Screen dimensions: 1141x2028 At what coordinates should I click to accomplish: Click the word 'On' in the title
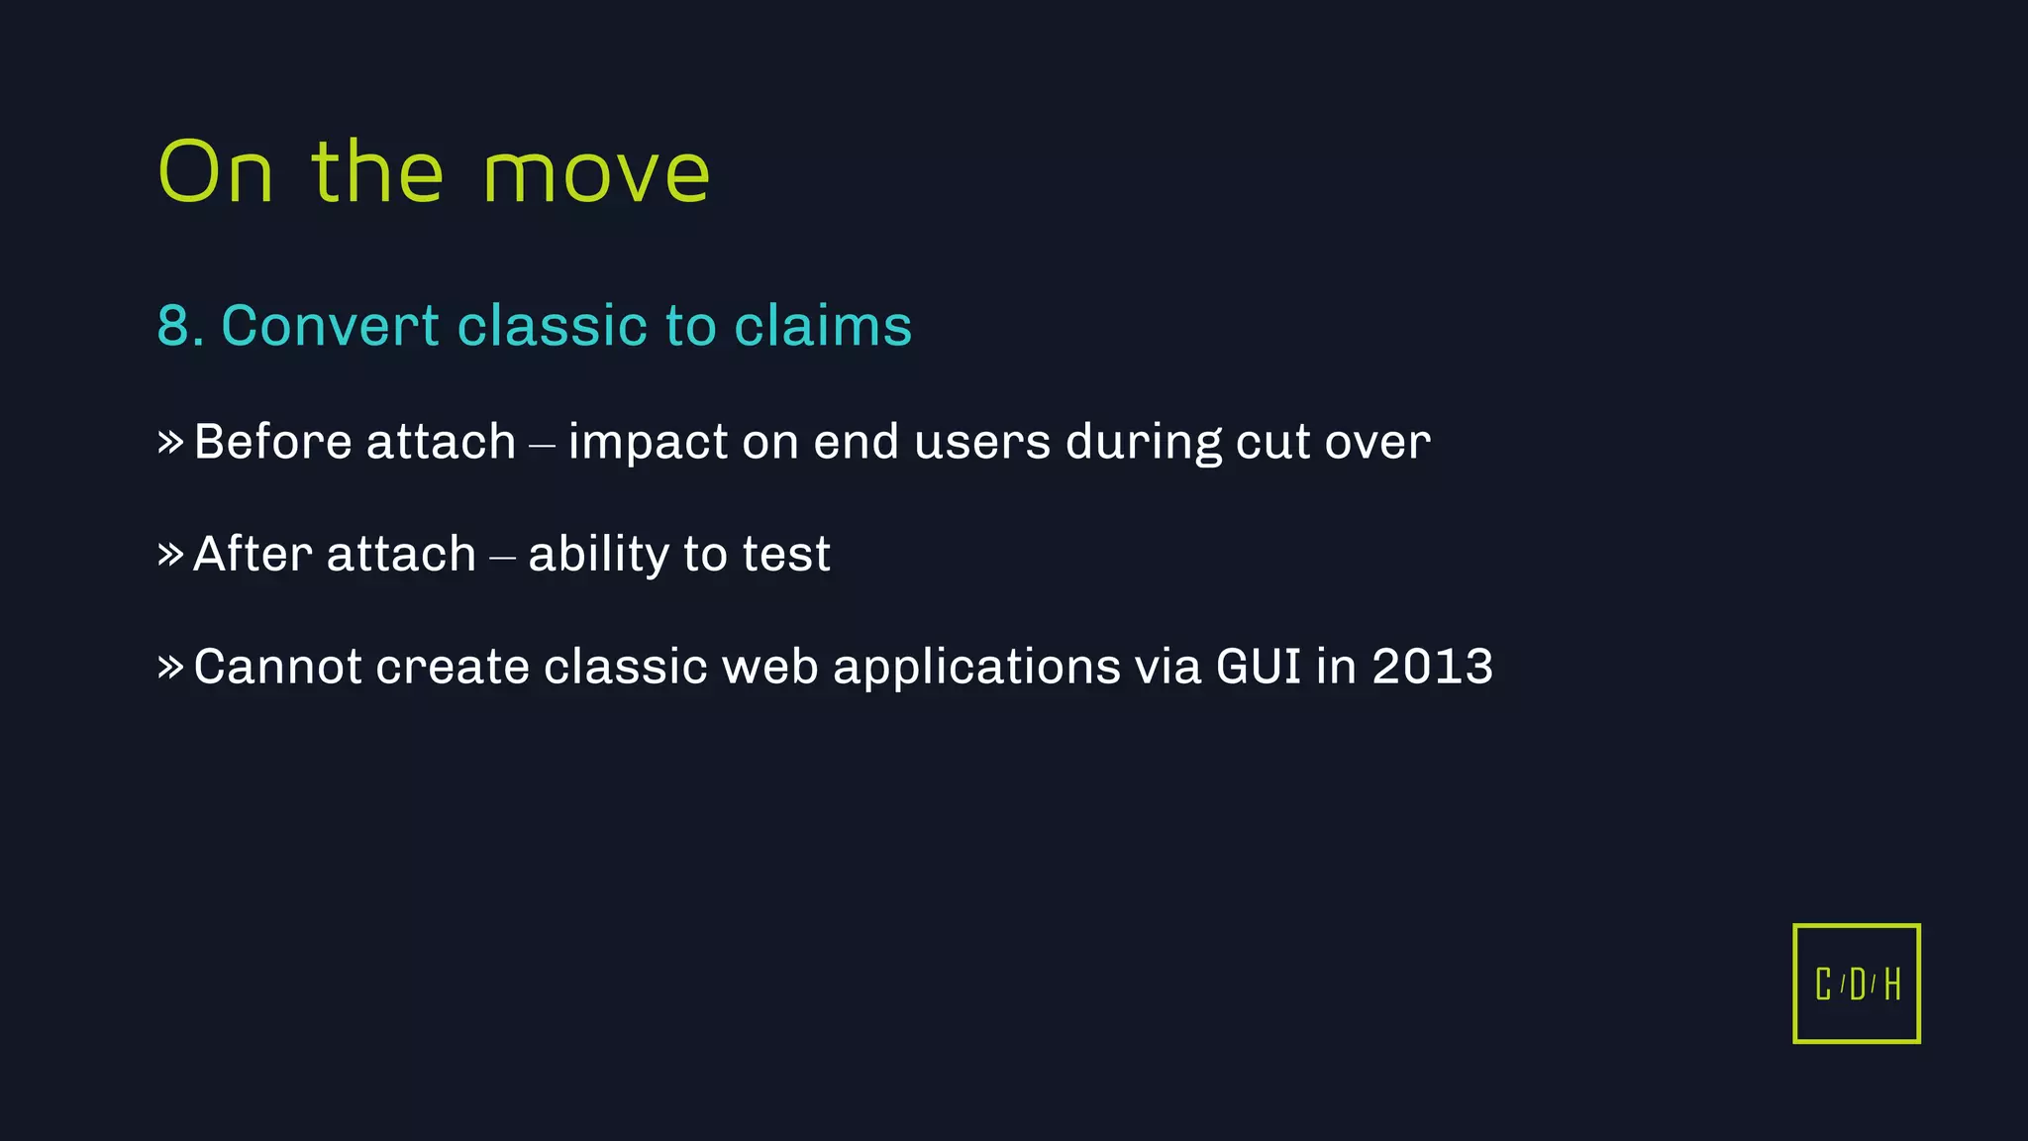click(215, 172)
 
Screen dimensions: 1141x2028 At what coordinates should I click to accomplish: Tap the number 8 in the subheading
click(173, 326)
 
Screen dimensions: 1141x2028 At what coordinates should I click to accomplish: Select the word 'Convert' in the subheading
click(330, 326)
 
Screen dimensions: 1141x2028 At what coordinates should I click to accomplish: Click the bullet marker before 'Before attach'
click(170, 442)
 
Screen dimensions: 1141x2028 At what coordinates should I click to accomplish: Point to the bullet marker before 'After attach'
click(170, 554)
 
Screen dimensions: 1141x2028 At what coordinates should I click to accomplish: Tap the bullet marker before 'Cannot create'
click(170, 667)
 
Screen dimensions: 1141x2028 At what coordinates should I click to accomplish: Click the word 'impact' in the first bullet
click(648, 444)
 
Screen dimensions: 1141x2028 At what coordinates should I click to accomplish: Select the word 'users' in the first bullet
click(981, 442)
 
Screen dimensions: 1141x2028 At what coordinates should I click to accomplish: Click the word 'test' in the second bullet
click(786, 555)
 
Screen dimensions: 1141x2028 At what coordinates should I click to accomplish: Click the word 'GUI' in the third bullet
click(1258, 666)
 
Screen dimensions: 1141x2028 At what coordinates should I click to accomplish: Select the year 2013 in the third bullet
click(1432, 666)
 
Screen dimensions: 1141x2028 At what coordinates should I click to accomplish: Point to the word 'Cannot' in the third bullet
click(277, 666)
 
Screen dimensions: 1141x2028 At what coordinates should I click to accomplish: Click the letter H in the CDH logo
click(1892, 985)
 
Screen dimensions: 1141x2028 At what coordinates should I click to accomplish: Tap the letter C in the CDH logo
click(1823, 985)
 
